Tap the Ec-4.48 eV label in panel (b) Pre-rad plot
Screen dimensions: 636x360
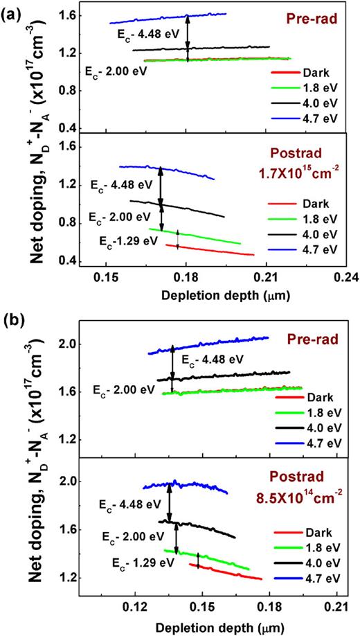click(x=213, y=359)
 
